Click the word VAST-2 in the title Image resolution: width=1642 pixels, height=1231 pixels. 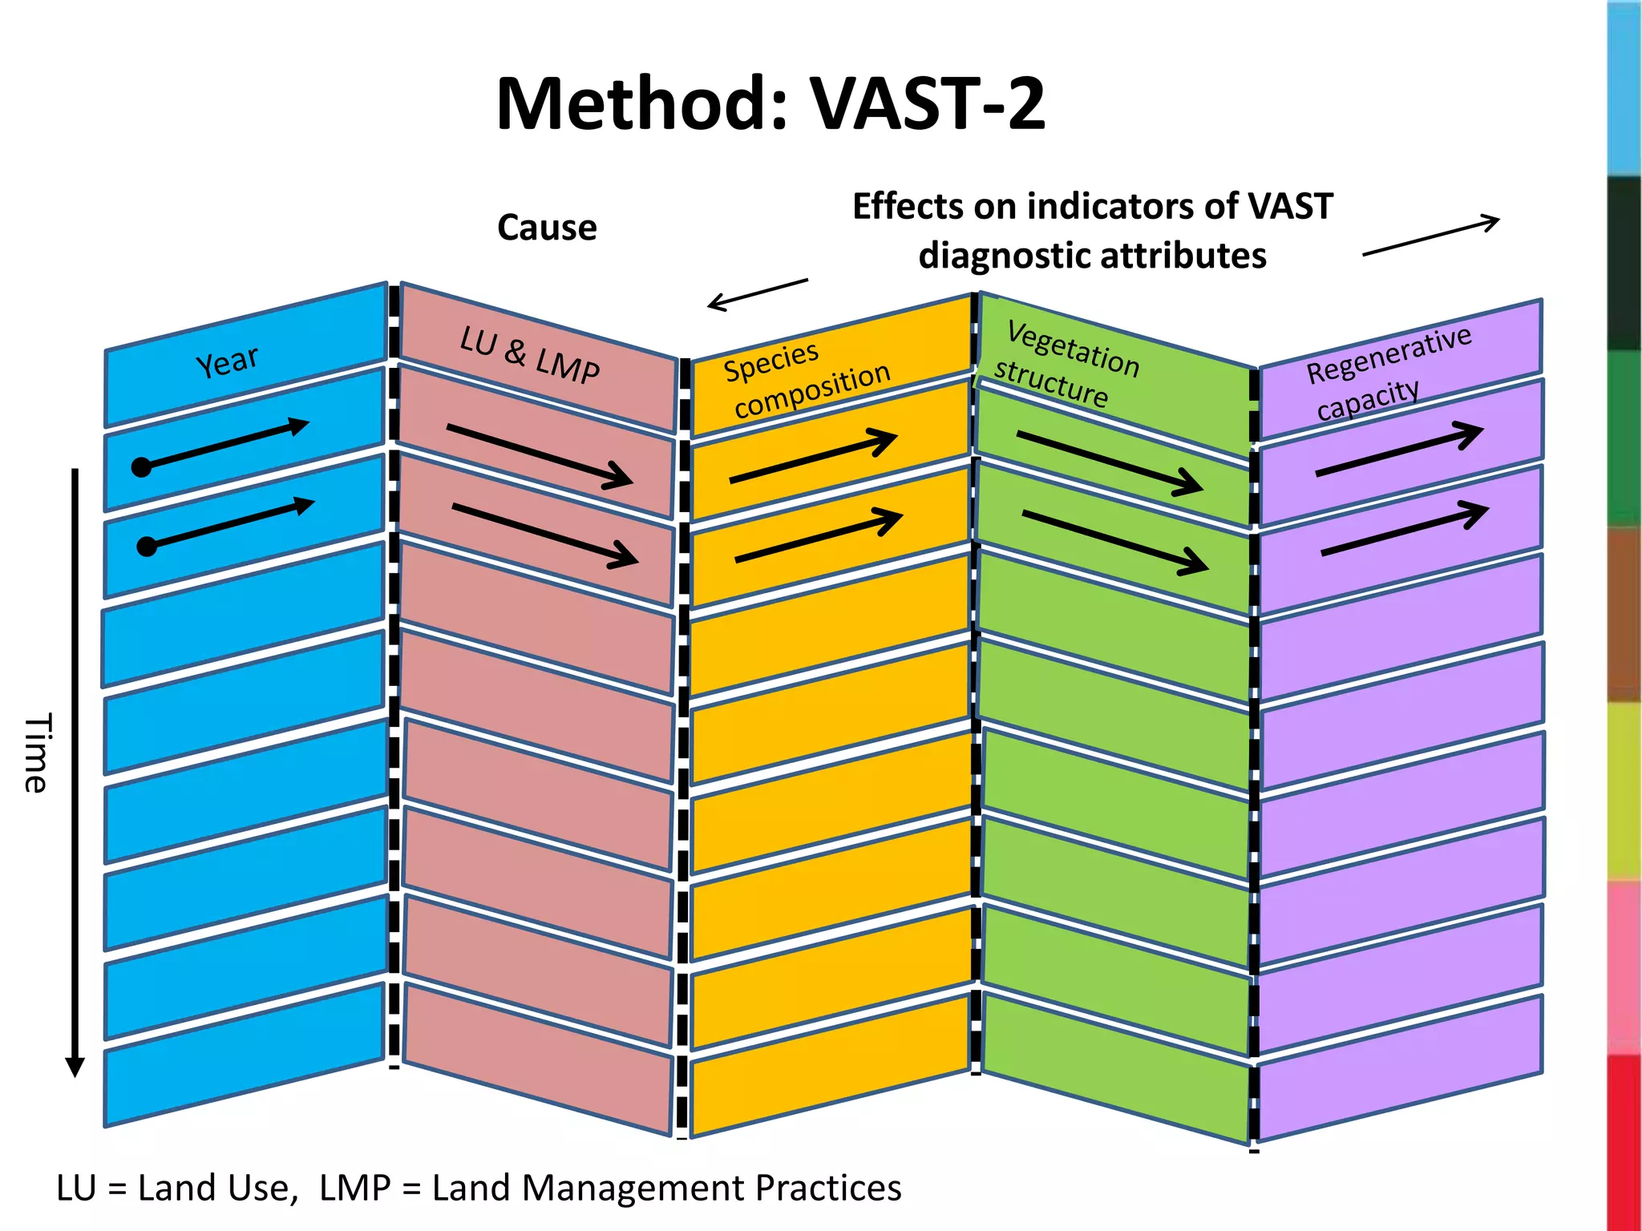(928, 104)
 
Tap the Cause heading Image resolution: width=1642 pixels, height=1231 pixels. (547, 228)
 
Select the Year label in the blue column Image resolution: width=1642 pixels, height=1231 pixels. (228, 361)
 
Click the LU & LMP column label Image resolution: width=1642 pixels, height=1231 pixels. (529, 355)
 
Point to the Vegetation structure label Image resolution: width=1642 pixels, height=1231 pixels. (1065, 365)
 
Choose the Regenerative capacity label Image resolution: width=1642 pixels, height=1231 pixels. (1387, 373)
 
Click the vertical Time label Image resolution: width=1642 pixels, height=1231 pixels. (36, 753)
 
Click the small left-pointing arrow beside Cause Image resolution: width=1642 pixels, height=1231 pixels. (757, 293)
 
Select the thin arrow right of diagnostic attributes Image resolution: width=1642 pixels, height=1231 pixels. (1431, 236)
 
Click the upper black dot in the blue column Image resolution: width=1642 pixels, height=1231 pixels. (142, 467)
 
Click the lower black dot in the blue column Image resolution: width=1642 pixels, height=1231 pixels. (147, 547)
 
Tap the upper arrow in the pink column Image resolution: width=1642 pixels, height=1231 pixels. (540, 456)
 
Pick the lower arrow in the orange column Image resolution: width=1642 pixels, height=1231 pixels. (819, 535)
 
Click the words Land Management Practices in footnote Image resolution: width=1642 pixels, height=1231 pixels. (666, 1188)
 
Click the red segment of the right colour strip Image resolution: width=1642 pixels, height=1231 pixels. (1624, 1142)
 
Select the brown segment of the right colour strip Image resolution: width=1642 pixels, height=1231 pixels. (1624, 615)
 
